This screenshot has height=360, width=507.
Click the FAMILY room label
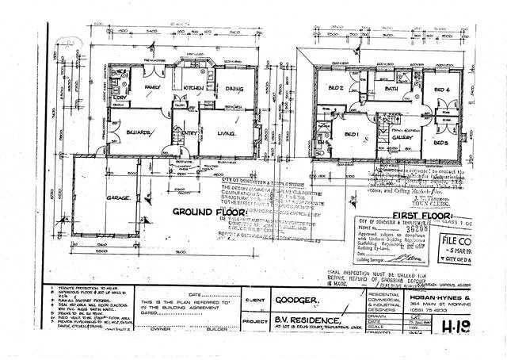[154, 87]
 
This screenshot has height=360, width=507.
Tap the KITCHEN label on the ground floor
[196, 87]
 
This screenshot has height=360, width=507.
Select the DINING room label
[233, 88]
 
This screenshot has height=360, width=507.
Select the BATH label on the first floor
[391, 90]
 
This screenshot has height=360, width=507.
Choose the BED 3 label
[441, 143]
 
